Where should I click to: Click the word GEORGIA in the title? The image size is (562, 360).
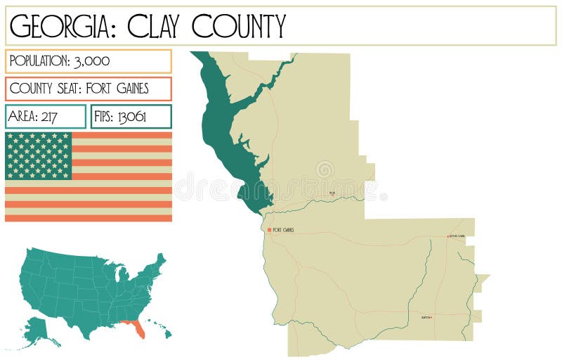tap(58, 26)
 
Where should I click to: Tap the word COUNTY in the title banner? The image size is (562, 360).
tap(240, 26)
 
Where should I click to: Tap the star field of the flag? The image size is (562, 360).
tap(39, 155)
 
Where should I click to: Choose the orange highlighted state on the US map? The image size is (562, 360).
tap(135, 328)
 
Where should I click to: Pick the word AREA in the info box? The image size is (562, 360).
tap(22, 117)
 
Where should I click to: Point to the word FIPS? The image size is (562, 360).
tap(104, 117)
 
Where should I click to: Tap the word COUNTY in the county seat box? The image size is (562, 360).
tap(32, 89)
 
